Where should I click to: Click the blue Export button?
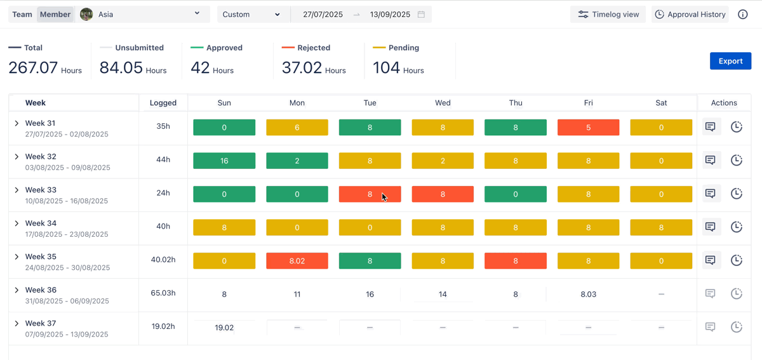coord(730,61)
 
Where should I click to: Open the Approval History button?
coord(690,15)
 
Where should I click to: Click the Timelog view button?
coord(608,15)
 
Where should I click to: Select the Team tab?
coord(22,15)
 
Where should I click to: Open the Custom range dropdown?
coord(252,15)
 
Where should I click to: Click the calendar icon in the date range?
coord(421,15)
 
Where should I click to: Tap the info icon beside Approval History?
coord(742,15)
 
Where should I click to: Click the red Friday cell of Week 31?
coord(588,128)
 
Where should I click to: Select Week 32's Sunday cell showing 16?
coord(224,161)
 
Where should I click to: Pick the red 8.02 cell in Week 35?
coord(297,260)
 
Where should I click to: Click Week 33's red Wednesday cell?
coord(443,194)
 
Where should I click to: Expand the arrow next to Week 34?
coord(17,223)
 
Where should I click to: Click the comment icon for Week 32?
coord(711,160)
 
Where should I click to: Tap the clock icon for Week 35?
coord(736,260)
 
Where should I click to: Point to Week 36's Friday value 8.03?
coord(588,295)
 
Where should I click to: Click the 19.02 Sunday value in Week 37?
coord(224,328)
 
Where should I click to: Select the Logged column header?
coord(163,103)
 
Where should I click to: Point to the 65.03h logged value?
coord(163,293)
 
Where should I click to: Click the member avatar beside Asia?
coord(87,15)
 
